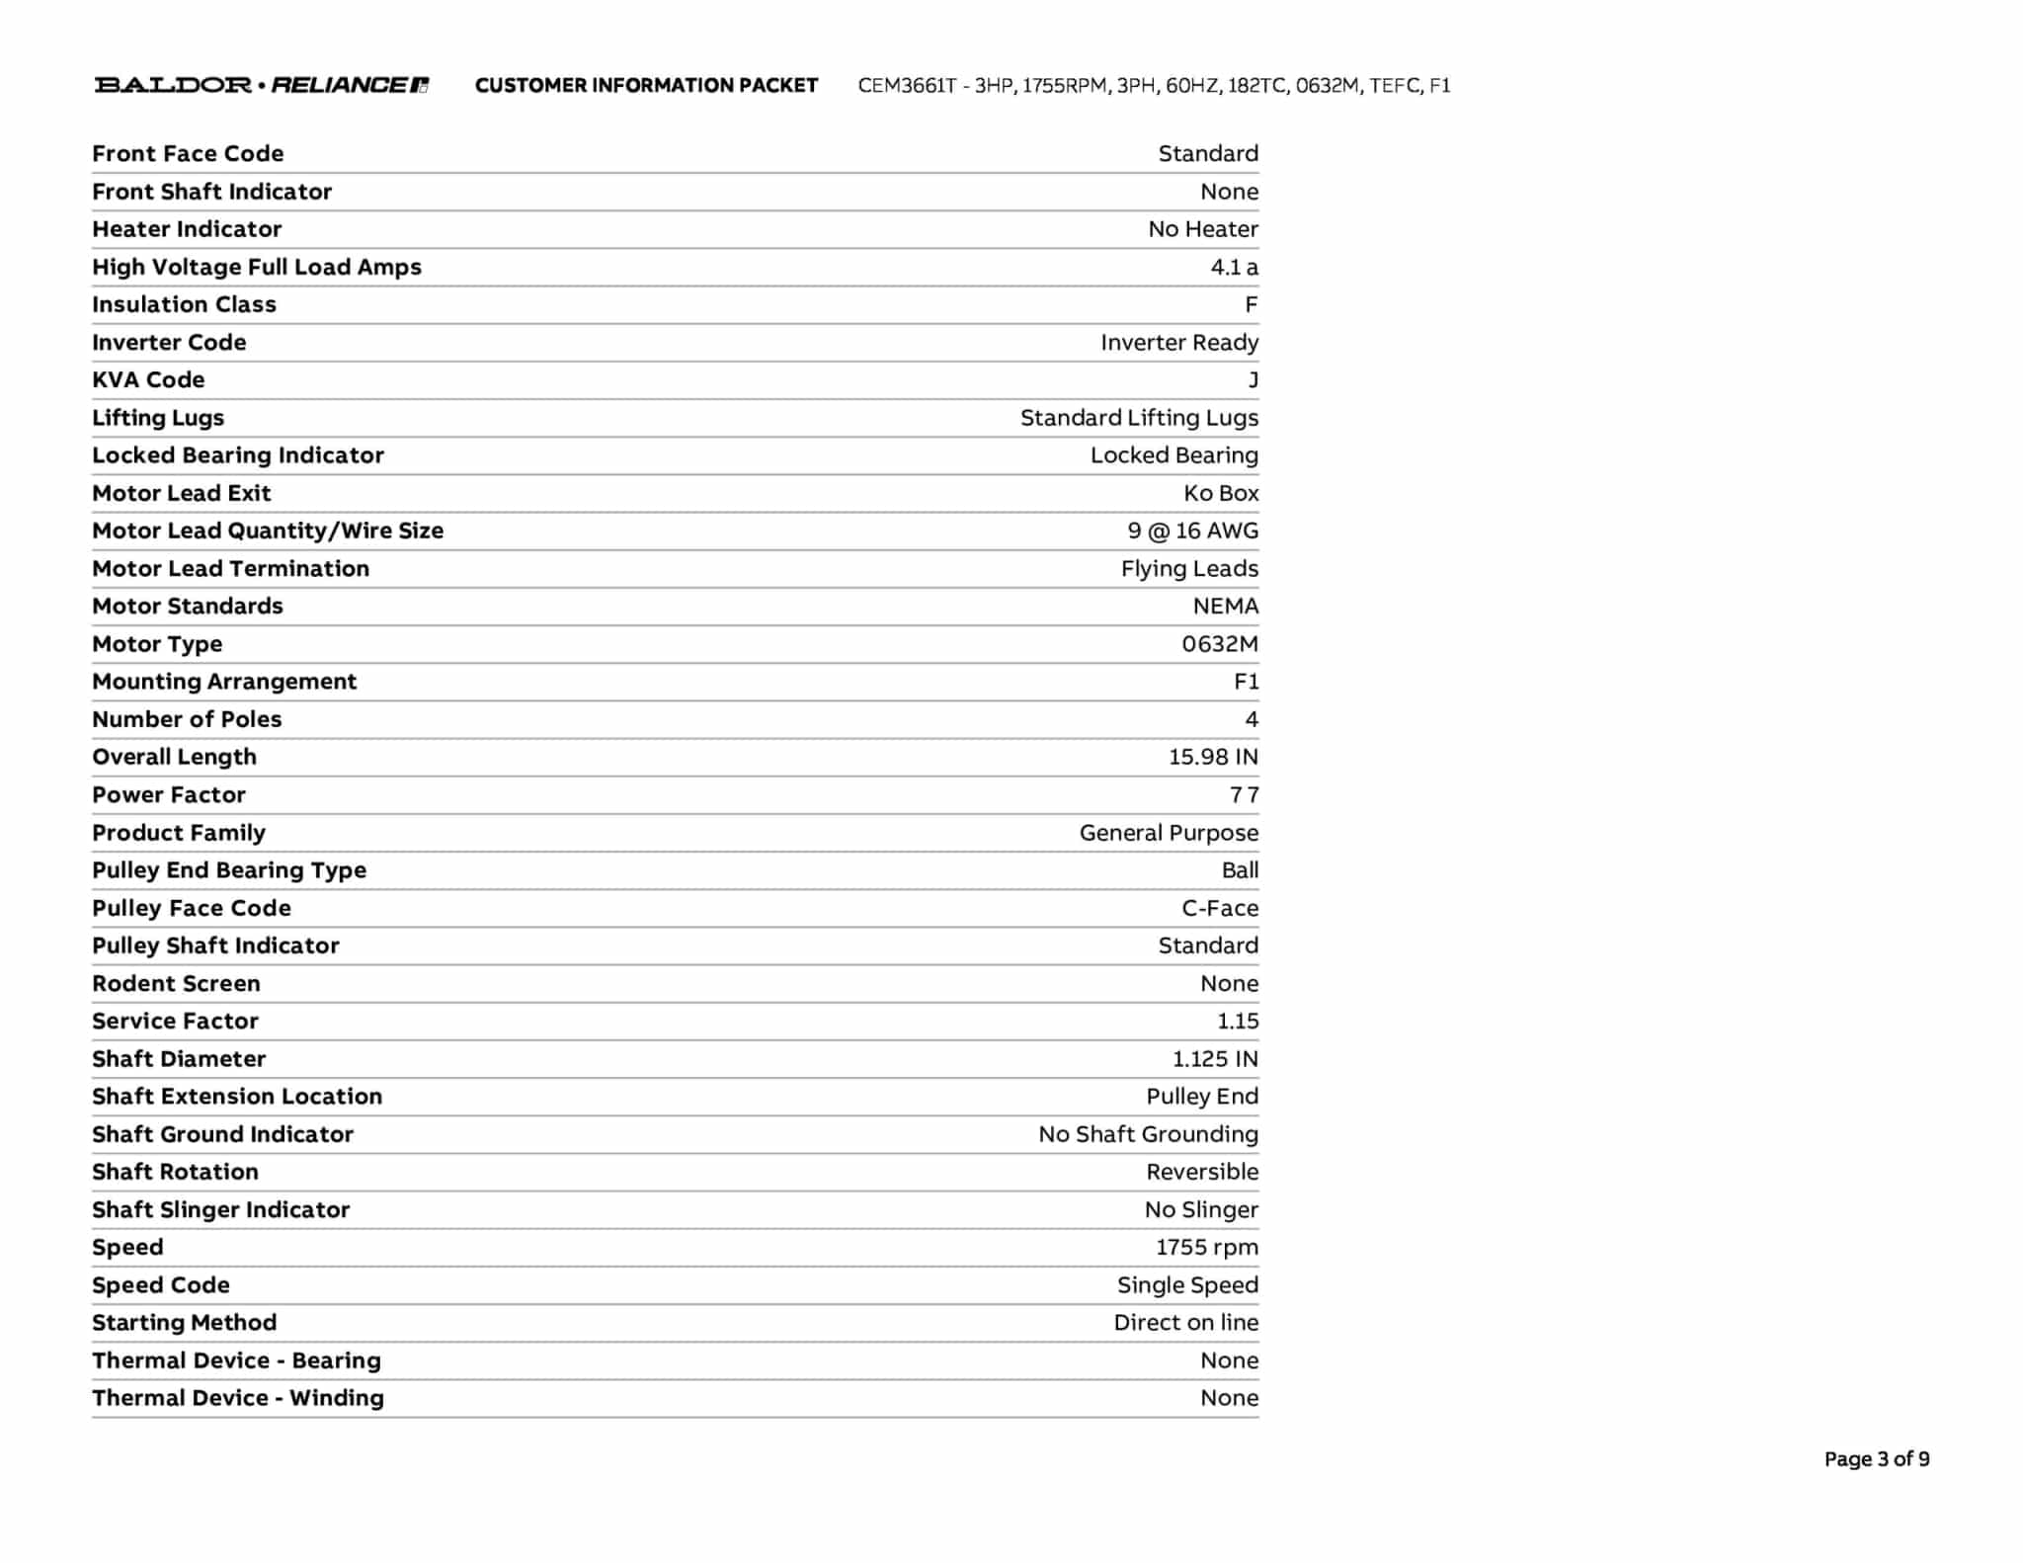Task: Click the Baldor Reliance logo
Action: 261,85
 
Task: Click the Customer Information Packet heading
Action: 646,86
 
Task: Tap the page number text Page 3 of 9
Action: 1876,1459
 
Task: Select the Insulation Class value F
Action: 1251,304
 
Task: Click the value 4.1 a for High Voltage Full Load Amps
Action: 1234,267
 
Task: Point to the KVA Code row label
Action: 148,379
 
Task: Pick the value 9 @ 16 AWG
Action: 1192,531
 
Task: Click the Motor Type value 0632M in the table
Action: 1220,644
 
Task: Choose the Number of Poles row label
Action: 187,719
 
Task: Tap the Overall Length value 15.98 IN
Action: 1213,757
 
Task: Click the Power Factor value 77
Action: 1244,794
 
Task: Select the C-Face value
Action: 1220,908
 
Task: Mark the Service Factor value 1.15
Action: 1238,1021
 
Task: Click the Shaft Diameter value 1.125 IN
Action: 1215,1059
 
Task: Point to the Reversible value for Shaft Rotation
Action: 1202,1172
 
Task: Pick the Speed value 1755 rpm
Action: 1207,1247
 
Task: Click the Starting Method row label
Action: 184,1322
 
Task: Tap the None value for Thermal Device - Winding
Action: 1229,1398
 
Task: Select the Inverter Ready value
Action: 1179,342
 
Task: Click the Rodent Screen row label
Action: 176,983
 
